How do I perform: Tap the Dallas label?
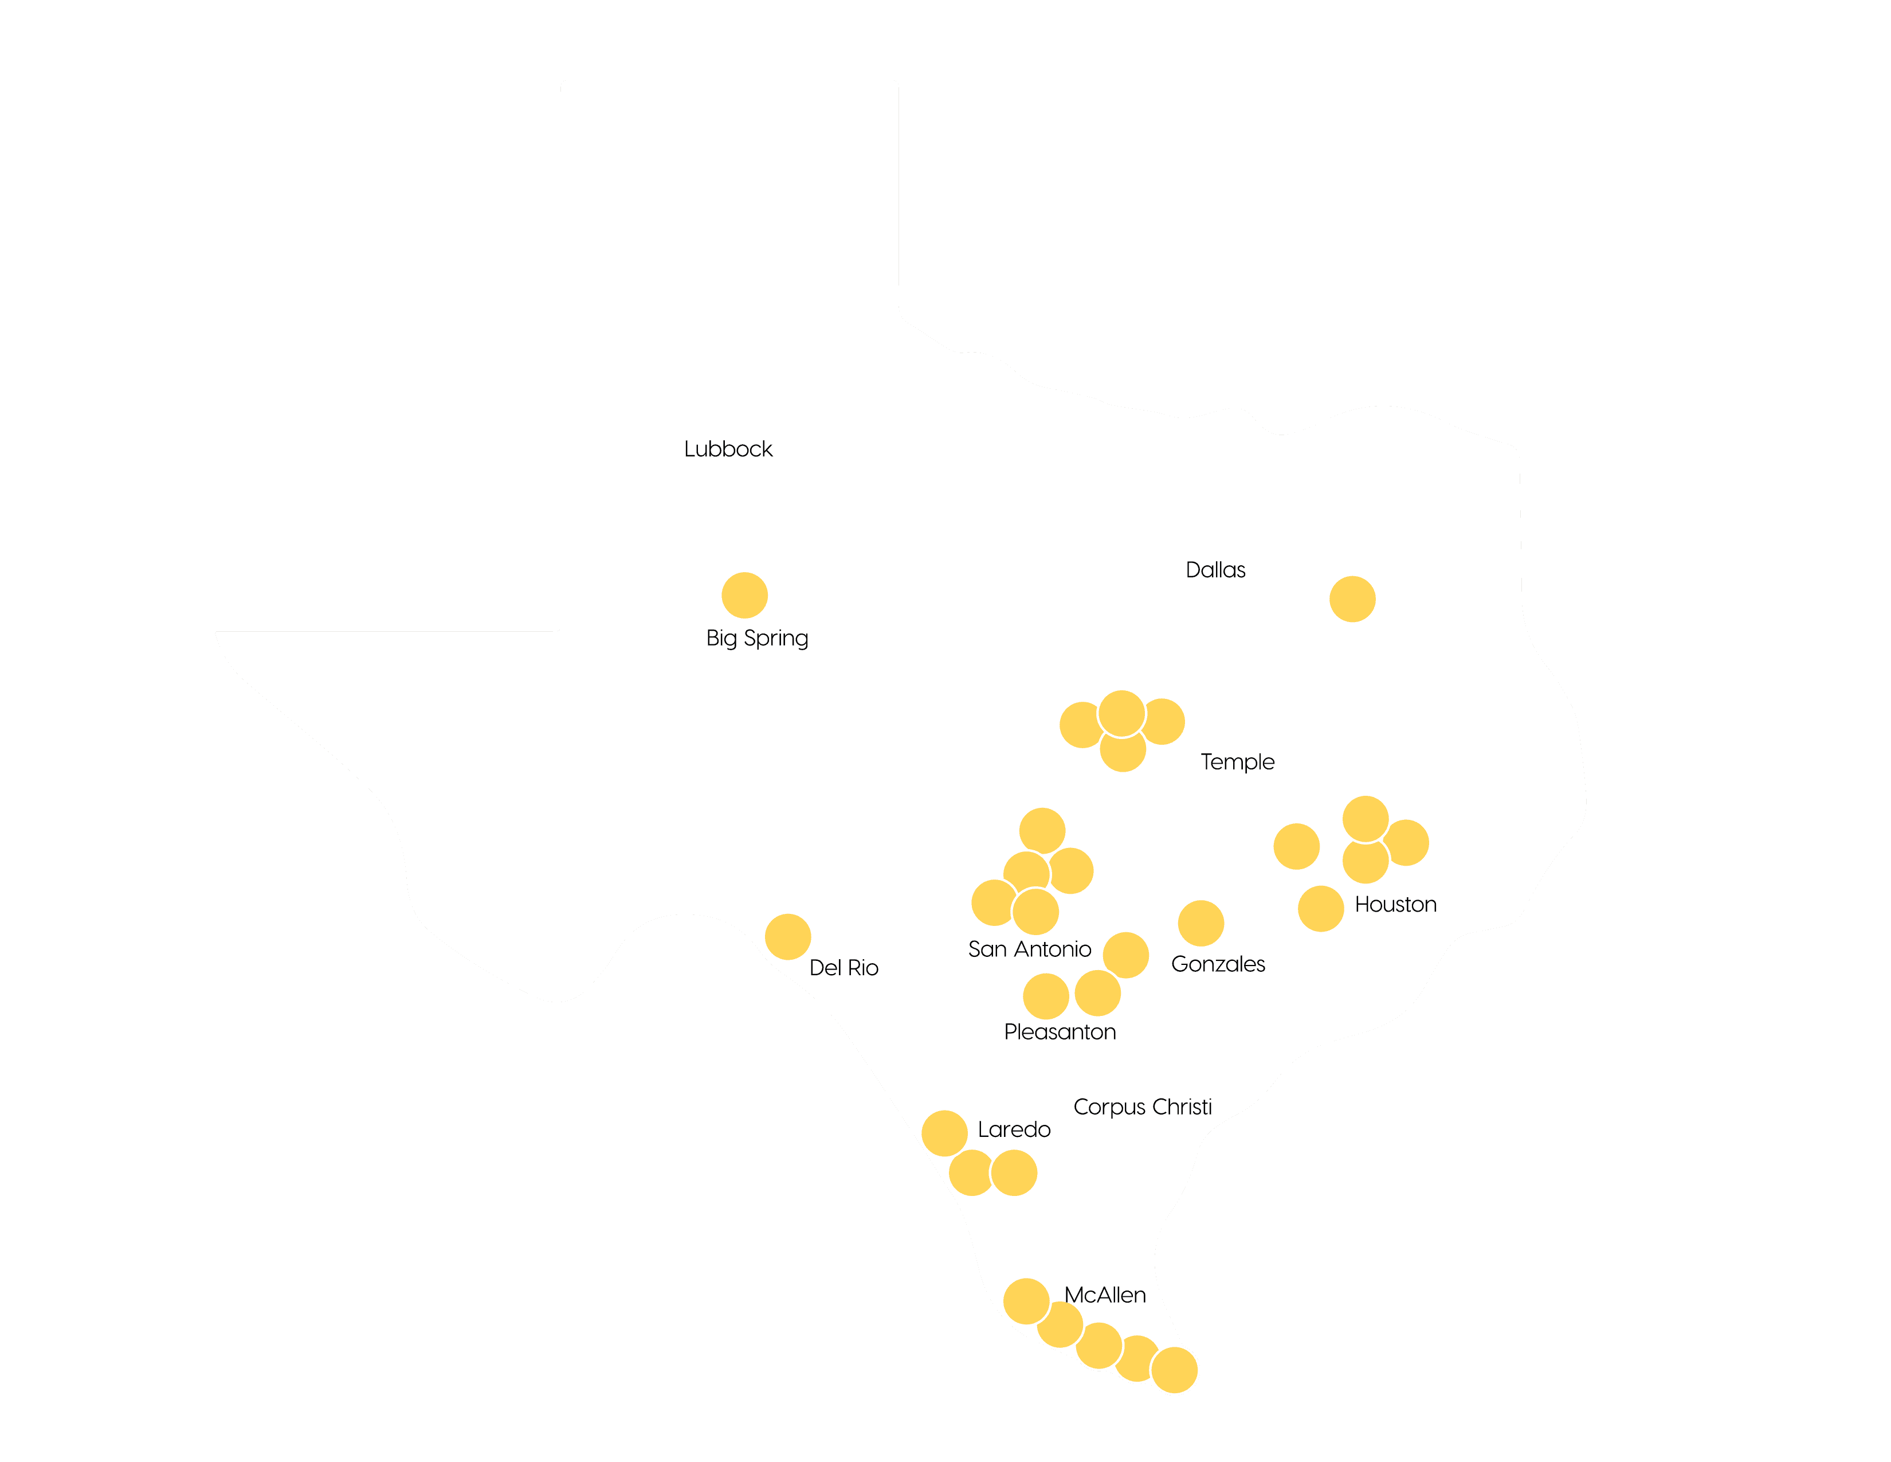[x=1215, y=570]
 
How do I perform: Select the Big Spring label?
[x=757, y=638]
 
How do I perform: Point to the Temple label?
[x=1237, y=762]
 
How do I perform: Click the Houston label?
[x=1395, y=904]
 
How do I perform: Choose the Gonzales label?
[x=1217, y=964]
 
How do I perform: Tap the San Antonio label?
[x=1029, y=949]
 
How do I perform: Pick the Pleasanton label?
[x=1059, y=1031]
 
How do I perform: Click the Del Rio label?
[x=844, y=967]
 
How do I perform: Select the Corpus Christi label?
[x=1142, y=1107]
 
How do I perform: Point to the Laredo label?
[x=1013, y=1129]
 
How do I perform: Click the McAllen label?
[x=1104, y=1295]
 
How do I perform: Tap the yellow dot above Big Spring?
[x=744, y=595]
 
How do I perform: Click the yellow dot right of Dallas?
[x=1352, y=599]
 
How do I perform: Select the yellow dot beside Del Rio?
[x=787, y=936]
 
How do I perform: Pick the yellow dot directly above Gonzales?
[x=1200, y=922]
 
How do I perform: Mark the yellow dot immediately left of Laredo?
[x=944, y=1133]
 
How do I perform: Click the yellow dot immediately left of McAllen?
[x=1026, y=1301]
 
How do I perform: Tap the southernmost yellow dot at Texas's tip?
[x=1174, y=1370]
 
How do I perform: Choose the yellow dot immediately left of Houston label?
[x=1320, y=909]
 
